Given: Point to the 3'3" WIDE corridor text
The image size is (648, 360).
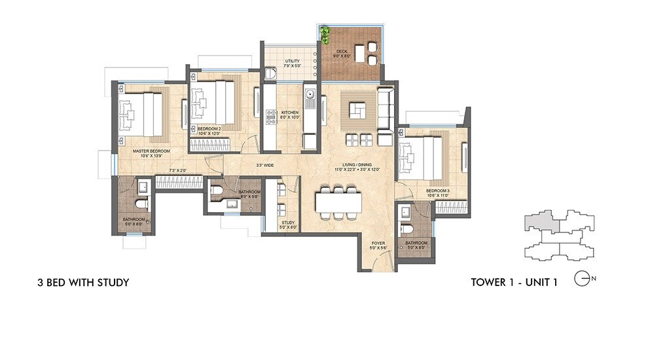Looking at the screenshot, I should (264, 165).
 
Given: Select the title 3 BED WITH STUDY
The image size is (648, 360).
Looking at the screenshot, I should (82, 283).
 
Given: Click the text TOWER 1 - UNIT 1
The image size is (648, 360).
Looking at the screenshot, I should (513, 283).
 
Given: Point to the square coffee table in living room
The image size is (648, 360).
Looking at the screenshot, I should (357, 111).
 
